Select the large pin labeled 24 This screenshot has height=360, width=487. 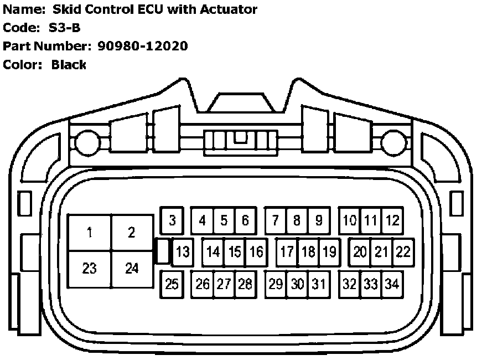pyautogui.click(x=132, y=269)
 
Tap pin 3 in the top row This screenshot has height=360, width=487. pyautogui.click(x=172, y=220)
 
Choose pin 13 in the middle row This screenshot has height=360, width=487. pyautogui.click(x=182, y=252)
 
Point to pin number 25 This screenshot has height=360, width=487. pyautogui.click(x=172, y=284)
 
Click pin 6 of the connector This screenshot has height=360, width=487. pyautogui.click(x=245, y=220)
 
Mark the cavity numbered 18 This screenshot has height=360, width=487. pyautogui.click(x=308, y=252)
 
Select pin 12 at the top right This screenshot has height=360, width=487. pyautogui.click(x=392, y=220)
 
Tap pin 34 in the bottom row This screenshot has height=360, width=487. pyautogui.click(x=392, y=284)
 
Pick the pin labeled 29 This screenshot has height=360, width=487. pyautogui.click(x=276, y=284)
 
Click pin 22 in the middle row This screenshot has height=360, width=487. pyautogui.click(x=403, y=252)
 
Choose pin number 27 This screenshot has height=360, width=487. pyautogui.click(x=224, y=284)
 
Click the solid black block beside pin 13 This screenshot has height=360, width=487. pyautogui.click(x=162, y=251)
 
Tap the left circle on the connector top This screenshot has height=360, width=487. pyautogui.click(x=86, y=143)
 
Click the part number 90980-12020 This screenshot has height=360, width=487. pyautogui.click(x=143, y=46)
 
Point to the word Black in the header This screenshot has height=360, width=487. pyautogui.click(x=69, y=65)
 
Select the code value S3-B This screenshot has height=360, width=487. pyautogui.click(x=65, y=28)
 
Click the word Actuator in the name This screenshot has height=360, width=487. pyautogui.click(x=226, y=9)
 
